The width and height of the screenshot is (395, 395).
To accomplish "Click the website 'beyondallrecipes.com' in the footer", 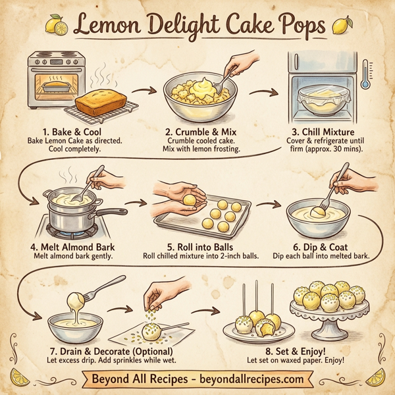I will click(253, 379).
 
